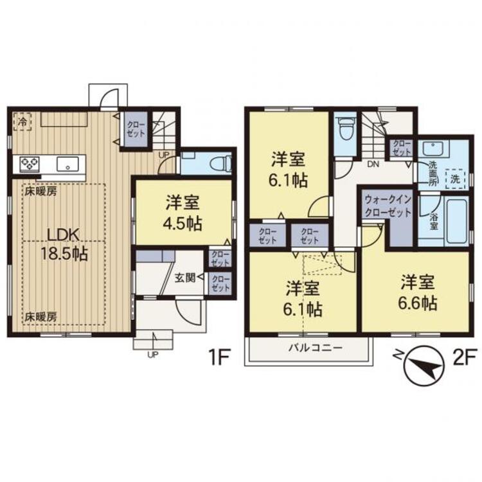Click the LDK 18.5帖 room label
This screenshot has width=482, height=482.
pyautogui.click(x=64, y=244)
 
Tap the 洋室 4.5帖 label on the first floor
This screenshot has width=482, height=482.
pyautogui.click(x=184, y=213)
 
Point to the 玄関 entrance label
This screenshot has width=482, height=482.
pyautogui.click(x=185, y=278)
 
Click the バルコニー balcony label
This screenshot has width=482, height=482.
pyautogui.click(x=315, y=348)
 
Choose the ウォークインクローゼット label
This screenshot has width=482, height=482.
pyautogui.click(x=388, y=206)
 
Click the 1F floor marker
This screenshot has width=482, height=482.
pyautogui.click(x=220, y=357)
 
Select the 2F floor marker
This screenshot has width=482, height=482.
pyautogui.click(x=465, y=357)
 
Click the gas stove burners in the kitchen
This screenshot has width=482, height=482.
pyautogui.click(x=30, y=163)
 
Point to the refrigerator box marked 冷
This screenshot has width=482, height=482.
pyautogui.click(x=22, y=121)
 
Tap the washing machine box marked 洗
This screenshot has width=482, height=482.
pyautogui.click(x=455, y=179)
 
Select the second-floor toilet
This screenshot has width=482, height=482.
pyautogui.click(x=345, y=129)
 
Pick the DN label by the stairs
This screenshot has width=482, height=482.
pyautogui.click(x=373, y=164)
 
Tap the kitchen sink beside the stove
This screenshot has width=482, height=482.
pyautogui.click(x=67, y=163)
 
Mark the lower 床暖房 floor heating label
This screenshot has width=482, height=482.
pyautogui.click(x=41, y=317)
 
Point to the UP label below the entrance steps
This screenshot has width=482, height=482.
pyautogui.click(x=153, y=355)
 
